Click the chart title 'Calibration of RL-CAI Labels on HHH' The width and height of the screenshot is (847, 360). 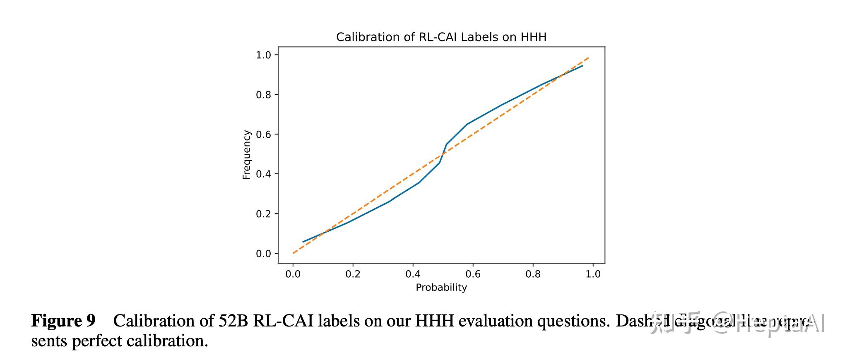coord(441,37)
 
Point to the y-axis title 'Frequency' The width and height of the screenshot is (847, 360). coord(247,155)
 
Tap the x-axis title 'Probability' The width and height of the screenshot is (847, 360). coord(441,288)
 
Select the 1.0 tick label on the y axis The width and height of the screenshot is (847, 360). coord(263,55)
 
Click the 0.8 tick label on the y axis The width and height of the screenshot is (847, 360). coord(263,95)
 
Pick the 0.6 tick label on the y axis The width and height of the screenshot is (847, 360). coord(263,134)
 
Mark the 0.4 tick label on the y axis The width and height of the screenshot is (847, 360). coord(263,174)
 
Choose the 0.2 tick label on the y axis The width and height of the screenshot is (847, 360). coord(263,214)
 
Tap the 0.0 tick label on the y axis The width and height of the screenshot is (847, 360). coord(263,254)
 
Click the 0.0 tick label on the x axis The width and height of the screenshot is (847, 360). coord(293,274)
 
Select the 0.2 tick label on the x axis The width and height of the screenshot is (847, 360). coord(353,274)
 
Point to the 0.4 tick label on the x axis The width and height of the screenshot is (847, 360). coord(413,274)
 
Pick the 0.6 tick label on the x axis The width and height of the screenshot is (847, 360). coord(473,274)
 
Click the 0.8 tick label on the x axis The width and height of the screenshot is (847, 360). coord(533,274)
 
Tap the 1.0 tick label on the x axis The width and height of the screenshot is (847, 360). coord(593,274)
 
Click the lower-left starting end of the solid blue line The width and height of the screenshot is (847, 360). coord(303,242)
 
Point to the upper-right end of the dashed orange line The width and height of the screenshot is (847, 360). coord(588,58)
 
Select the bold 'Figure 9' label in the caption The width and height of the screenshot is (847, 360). coord(63,321)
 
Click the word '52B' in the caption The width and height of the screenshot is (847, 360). coord(233,321)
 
